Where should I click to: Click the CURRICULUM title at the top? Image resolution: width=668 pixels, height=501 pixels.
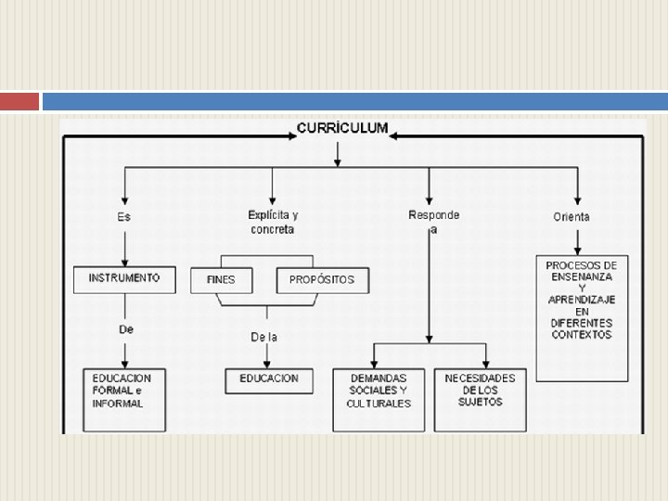[x=342, y=129]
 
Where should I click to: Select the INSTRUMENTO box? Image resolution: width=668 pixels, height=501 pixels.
[x=123, y=278]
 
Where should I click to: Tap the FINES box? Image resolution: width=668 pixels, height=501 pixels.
[x=221, y=279]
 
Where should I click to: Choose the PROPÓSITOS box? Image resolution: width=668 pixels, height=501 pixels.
[x=322, y=279]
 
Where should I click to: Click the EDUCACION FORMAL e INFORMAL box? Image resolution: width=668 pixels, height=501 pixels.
[x=123, y=400]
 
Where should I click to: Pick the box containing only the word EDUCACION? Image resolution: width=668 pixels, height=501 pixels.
[x=269, y=379]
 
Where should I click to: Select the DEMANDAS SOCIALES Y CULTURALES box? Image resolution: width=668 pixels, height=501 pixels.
[x=379, y=400]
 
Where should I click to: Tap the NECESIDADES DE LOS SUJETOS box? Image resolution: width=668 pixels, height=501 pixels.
[x=480, y=399]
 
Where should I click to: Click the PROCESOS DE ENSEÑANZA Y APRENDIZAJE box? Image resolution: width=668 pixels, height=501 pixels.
[x=582, y=317]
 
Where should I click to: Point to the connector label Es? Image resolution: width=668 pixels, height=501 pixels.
[x=123, y=217]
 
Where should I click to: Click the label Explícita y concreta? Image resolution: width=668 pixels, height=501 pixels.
[x=273, y=222]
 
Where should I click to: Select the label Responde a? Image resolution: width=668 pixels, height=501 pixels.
[x=433, y=222]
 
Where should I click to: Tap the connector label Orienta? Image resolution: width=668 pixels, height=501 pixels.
[x=572, y=217]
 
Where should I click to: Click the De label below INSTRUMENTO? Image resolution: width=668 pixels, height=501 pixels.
[x=125, y=329]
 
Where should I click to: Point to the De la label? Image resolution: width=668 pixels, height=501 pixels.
[x=264, y=337]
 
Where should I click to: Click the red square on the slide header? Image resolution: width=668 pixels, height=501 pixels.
[x=19, y=101]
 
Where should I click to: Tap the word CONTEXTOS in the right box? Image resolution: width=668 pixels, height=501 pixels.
[x=582, y=335]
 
